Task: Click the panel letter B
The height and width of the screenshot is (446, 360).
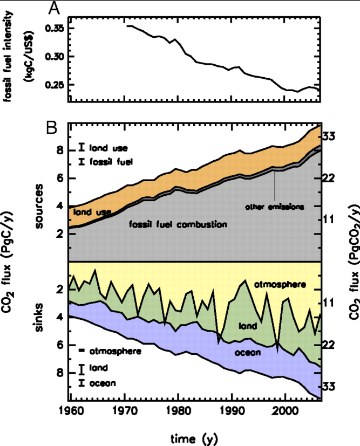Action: pyautogui.click(x=52, y=128)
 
